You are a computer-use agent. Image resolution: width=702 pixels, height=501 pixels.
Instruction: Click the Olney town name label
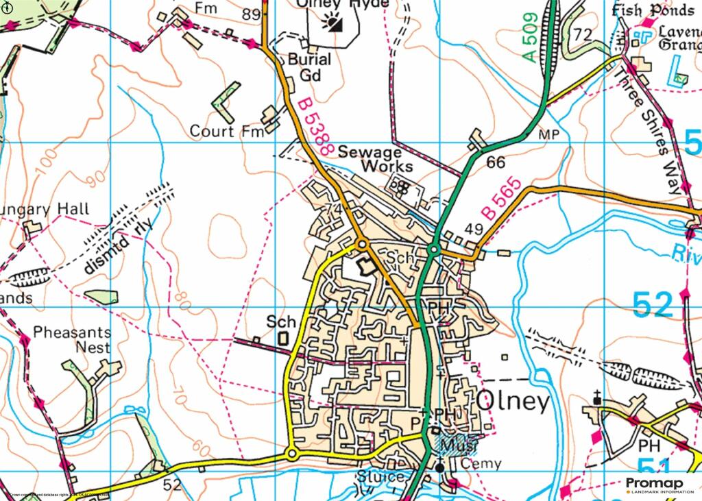(x=513, y=402)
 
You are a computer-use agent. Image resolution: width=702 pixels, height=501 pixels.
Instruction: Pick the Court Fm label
(x=226, y=131)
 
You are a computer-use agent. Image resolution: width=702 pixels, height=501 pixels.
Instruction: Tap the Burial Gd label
(x=308, y=67)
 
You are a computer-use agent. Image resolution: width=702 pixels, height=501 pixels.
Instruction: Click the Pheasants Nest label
(x=72, y=340)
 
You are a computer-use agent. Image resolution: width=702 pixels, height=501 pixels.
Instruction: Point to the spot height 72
(x=583, y=34)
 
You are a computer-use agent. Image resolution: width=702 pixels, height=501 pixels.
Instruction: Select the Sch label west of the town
(x=281, y=321)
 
